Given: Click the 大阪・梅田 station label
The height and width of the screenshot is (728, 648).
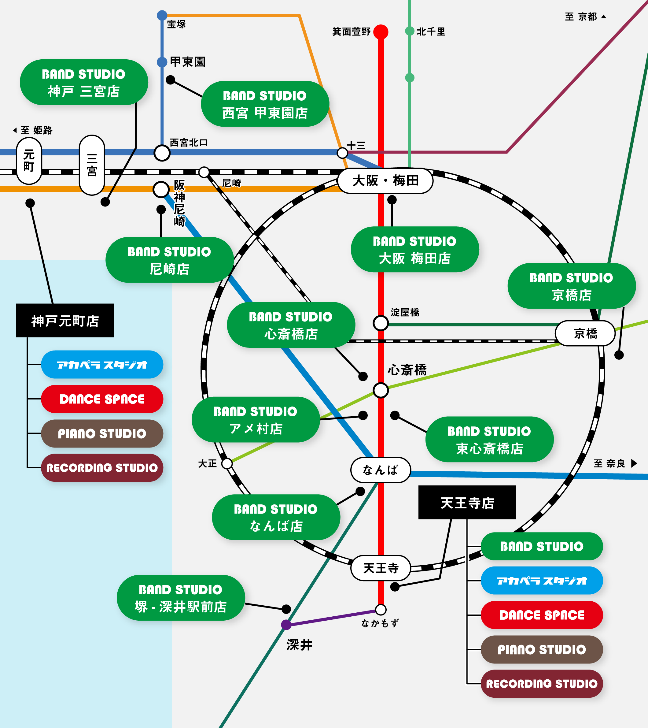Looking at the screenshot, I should coord(385,181).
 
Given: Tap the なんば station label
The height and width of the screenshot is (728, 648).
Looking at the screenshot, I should coord(381,470).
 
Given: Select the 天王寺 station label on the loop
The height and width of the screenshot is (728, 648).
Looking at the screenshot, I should coord(381,568).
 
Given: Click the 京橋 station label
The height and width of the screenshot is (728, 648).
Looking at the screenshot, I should coord(585,333).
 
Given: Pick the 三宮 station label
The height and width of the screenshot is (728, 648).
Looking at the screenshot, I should coord(92,165).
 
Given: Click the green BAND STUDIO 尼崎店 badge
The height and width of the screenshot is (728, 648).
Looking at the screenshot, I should coord(169,260).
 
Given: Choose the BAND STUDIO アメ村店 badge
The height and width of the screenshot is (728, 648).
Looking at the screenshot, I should coord(255,419).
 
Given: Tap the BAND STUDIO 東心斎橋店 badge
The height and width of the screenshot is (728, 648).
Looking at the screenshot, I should coord(489,439).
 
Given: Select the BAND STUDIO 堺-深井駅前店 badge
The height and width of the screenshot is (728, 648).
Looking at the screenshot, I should coord(181,598).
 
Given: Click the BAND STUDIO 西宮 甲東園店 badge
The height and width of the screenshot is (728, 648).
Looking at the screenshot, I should coord(264,104).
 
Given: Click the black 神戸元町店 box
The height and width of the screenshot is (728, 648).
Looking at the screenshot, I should coord(65,321).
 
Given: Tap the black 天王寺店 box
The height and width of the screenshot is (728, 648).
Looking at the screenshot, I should coord(467,503).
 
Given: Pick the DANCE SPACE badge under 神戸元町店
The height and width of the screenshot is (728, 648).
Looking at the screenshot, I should coord(102,399).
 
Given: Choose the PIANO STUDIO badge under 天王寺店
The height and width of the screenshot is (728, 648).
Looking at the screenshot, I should coord(542,649).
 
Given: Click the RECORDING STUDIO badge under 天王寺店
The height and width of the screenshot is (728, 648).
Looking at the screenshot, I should coord(542,683).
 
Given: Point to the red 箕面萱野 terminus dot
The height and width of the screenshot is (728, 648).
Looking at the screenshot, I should coord(381,32).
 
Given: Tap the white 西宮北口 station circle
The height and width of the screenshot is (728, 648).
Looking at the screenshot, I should coord(162,153).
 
